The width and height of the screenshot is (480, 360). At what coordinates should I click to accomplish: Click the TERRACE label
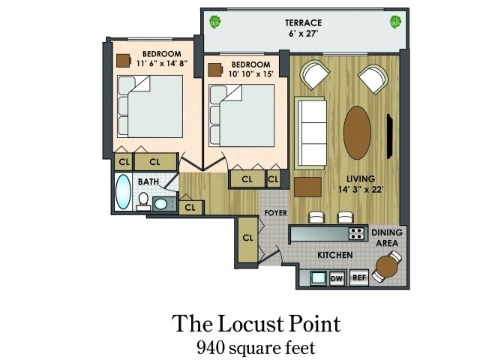pos(302,22)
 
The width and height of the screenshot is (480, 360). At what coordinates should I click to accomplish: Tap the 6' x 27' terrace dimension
pos(302,33)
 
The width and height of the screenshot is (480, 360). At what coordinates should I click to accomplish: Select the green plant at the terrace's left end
pos(215,21)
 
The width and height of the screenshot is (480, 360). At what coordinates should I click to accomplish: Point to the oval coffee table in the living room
pos(357,132)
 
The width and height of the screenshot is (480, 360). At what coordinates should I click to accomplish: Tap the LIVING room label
pos(360,178)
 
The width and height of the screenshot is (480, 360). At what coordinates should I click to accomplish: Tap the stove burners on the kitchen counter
pos(357,233)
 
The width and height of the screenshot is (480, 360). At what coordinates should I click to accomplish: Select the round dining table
pos(386,265)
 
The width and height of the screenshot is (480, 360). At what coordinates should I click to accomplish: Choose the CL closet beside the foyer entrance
pos(247,238)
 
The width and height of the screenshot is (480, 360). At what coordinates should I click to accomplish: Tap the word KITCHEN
pos(334,256)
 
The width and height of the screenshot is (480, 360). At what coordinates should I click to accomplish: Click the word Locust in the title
pos(254,324)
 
